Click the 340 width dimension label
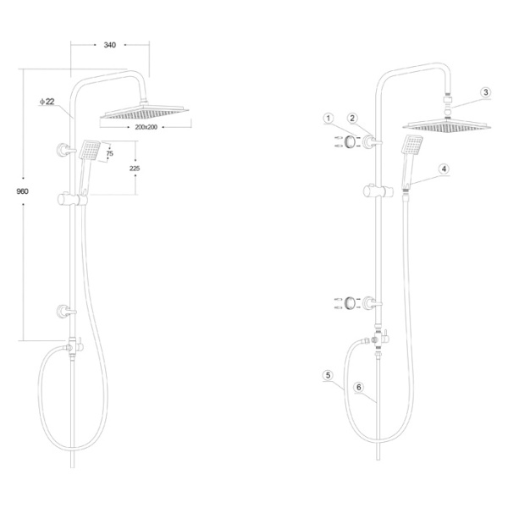tap(110, 45)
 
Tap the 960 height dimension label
tap(22, 191)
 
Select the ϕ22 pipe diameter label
tap(47, 102)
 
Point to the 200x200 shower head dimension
tap(146, 127)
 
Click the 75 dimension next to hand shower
tap(110, 153)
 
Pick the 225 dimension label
tap(135, 168)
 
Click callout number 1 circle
tap(329, 119)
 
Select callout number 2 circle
tap(352, 119)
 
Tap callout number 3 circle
tap(485, 92)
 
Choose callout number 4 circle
tap(444, 168)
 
